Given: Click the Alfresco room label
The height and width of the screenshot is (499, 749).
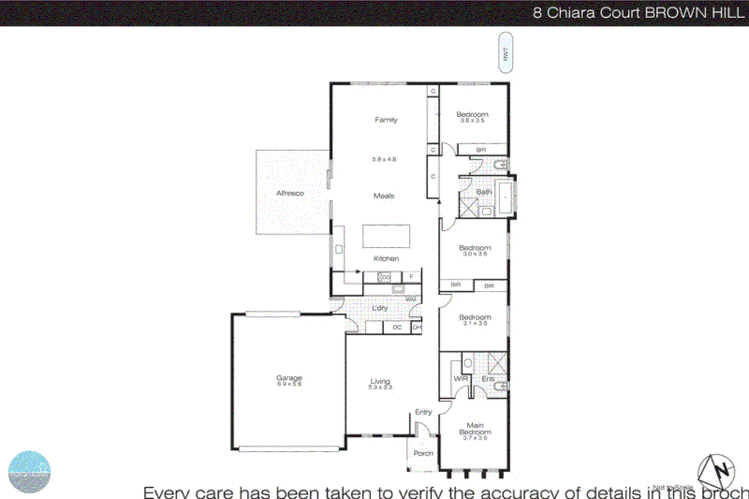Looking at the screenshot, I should point(290,193).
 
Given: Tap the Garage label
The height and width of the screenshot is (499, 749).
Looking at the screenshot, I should point(289,378).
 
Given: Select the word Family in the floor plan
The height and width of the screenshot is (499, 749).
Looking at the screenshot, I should point(386,120).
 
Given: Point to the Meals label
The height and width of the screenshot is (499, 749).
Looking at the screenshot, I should point(384,196).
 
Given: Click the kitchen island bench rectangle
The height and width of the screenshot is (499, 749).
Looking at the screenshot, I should point(386,236).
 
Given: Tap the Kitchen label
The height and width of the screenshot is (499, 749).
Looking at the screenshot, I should point(386,258).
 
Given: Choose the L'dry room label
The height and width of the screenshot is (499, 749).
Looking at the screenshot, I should point(380,308).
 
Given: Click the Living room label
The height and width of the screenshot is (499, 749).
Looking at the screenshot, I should point(380,381).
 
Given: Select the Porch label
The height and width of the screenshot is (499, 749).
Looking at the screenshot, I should point(423,453).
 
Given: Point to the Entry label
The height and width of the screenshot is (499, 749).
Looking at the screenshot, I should point(423,412).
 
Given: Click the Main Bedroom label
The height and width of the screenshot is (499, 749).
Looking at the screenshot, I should point(475,429).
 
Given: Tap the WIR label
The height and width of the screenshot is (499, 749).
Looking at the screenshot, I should point(461,378).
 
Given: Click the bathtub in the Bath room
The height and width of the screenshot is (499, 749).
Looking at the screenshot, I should point(505,198).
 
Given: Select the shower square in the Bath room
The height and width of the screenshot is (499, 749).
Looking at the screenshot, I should point(469,208).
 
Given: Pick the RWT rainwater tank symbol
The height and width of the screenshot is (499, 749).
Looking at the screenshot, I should point(506,53).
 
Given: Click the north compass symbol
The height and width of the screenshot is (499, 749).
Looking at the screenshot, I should point(717,471).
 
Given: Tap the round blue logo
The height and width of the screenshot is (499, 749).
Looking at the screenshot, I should point(29,472).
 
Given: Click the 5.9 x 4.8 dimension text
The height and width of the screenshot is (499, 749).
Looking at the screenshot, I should point(384,159).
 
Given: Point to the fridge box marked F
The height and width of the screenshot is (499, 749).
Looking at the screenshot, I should point(411,277).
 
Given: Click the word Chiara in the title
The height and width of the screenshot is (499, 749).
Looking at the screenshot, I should point(571,13).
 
